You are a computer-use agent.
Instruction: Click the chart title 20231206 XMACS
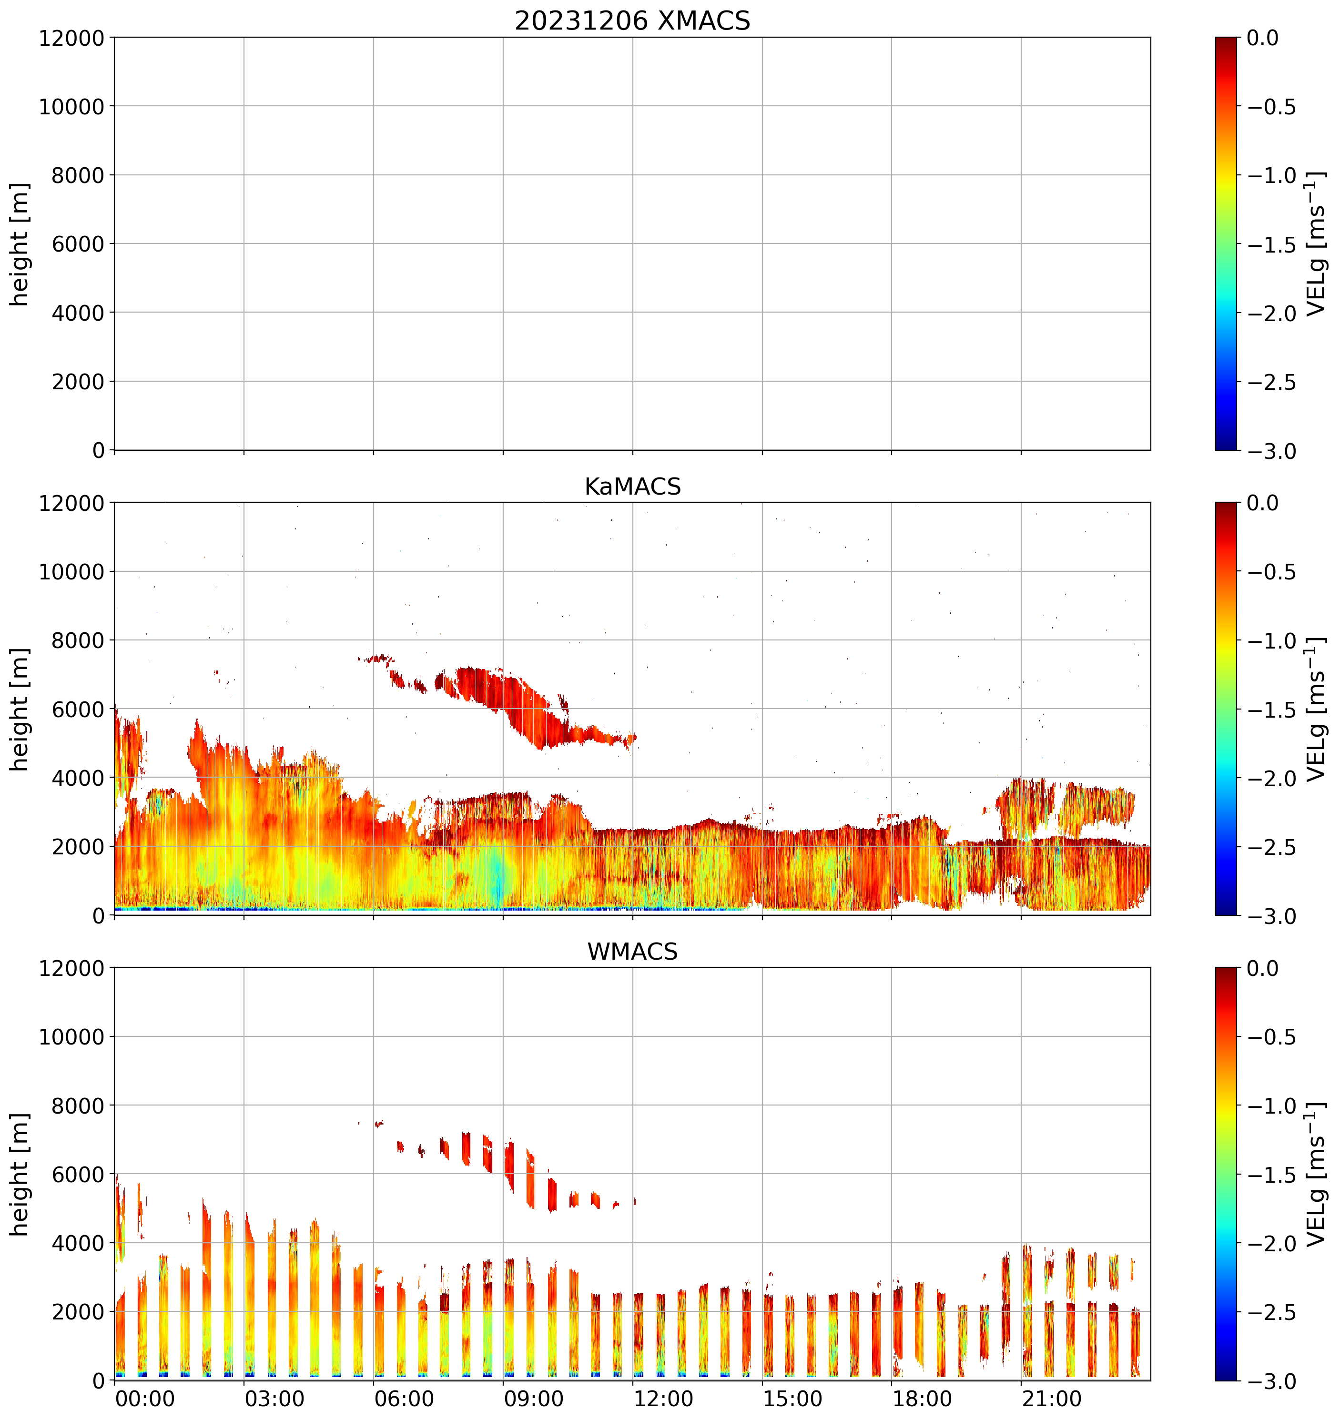pyautogui.click(x=632, y=20)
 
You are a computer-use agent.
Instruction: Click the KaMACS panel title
pyautogui.click(x=632, y=487)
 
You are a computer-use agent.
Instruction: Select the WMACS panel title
pyautogui.click(x=632, y=952)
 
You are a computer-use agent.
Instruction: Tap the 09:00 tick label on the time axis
pyautogui.click(x=534, y=1399)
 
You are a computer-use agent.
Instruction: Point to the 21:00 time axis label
pyautogui.click(x=1051, y=1399)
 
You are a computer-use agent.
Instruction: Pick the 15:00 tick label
pyautogui.click(x=793, y=1399)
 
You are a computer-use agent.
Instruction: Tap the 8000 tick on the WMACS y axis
pyautogui.click(x=78, y=1106)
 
